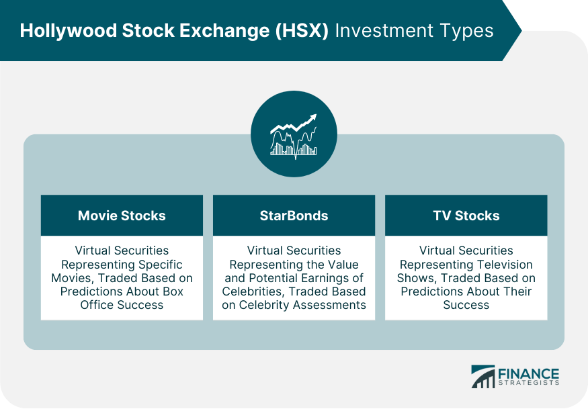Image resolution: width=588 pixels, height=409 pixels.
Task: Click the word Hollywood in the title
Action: (69, 31)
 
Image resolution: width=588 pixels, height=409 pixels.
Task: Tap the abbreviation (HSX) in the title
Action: (302, 31)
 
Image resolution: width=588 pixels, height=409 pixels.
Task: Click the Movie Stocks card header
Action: (122, 215)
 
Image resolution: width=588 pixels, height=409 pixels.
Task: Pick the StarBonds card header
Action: (294, 215)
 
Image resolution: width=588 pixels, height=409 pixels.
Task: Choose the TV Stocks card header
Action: (466, 215)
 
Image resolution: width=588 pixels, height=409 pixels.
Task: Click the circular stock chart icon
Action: (294, 134)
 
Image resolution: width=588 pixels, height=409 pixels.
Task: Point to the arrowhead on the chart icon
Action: (312, 118)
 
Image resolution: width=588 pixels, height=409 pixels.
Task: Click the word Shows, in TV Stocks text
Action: (417, 278)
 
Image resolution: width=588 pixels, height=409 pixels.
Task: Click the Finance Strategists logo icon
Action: (483, 376)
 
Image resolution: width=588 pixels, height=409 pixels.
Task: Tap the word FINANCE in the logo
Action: (528, 374)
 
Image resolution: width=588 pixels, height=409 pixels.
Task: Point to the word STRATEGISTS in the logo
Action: (529, 383)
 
